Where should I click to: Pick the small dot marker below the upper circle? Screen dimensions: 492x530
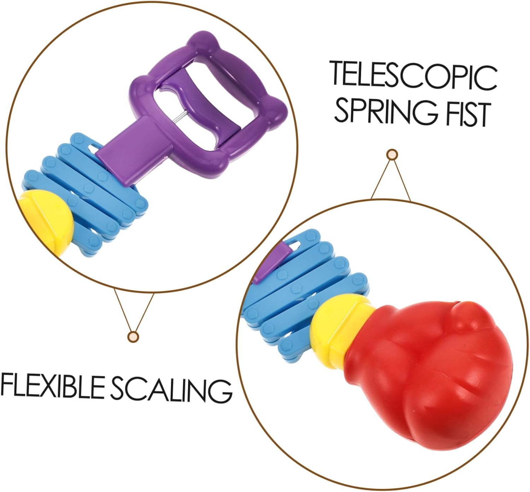coord(133,336)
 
